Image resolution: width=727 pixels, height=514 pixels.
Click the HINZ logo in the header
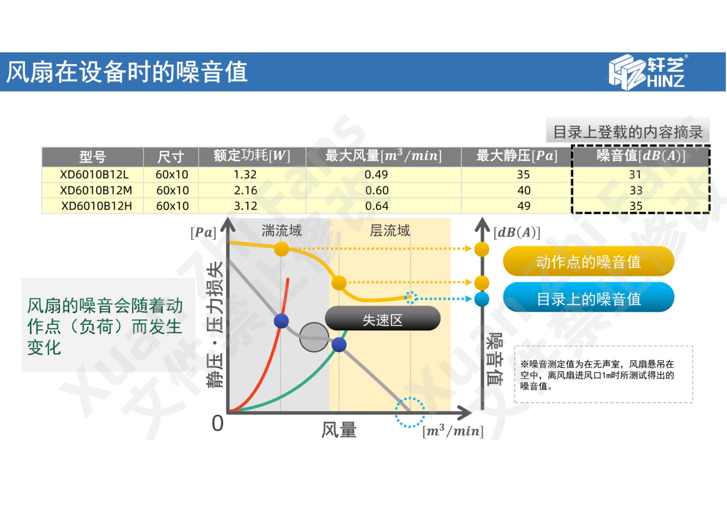[647, 72]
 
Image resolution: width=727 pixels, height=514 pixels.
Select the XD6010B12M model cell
[96, 190]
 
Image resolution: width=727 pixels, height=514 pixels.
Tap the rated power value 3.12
[245, 206]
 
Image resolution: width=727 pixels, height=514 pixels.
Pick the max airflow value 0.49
[376, 175]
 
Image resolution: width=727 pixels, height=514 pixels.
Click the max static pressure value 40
[524, 190]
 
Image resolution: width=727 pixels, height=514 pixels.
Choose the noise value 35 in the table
[636, 206]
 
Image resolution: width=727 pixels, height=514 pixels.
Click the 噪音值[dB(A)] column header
[641, 156]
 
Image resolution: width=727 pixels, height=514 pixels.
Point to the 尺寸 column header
[171, 157]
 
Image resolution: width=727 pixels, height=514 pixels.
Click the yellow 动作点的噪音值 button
[588, 262]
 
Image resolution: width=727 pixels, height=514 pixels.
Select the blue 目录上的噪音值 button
[588, 298]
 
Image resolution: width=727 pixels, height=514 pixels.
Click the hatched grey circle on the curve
[314, 337]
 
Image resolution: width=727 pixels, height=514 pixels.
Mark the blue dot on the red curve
[281, 321]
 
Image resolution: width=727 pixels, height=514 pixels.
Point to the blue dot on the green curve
[339, 344]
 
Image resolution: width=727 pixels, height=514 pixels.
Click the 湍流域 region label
[282, 231]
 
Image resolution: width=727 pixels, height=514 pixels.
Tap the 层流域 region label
[390, 231]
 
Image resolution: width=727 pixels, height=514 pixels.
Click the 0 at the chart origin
[218, 423]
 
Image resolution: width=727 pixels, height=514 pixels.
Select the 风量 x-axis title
[339, 429]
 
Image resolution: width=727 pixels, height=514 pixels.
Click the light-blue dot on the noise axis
[482, 299]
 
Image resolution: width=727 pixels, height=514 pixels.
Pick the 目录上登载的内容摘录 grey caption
[627, 132]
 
